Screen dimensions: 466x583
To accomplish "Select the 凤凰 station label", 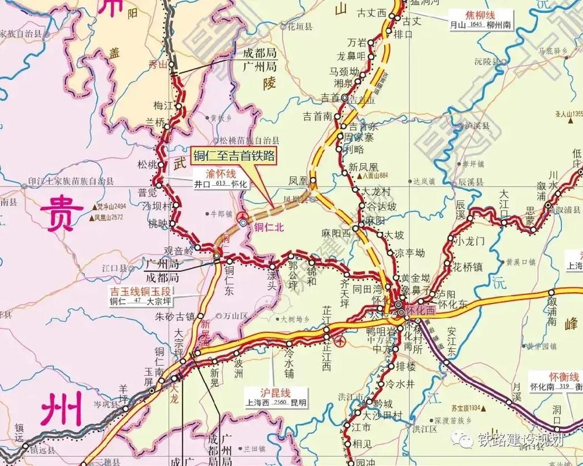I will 298,182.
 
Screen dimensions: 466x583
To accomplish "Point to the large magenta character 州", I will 58,411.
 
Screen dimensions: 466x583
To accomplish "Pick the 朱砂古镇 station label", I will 174,317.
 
